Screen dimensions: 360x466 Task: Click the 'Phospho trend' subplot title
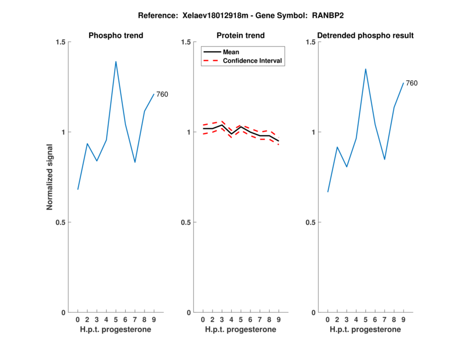pyautogui.click(x=116, y=36)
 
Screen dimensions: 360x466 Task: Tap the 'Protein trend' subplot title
pyautogui.click(x=241, y=36)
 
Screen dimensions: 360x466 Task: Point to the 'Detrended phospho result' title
pyautogui.click(x=366, y=36)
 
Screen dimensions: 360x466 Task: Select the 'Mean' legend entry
pyautogui.click(x=231, y=52)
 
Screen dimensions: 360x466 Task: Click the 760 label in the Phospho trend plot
pyautogui.click(x=162, y=94)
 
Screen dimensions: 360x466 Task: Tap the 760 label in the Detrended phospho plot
pyautogui.click(x=411, y=83)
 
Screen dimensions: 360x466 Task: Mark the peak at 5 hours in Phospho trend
pyautogui.click(x=116, y=61)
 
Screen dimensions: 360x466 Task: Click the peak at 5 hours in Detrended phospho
pyautogui.click(x=365, y=69)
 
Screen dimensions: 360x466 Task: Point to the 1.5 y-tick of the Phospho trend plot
pyautogui.click(x=59, y=42)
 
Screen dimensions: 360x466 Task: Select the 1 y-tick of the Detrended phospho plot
pyautogui.click(x=313, y=132)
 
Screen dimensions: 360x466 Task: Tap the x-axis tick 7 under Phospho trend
pyautogui.click(x=135, y=320)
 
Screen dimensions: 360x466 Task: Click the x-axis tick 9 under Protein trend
pyautogui.click(x=278, y=320)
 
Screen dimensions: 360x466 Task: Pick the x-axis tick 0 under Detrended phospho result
pyautogui.click(x=327, y=320)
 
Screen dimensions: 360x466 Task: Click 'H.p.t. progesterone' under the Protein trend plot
pyautogui.click(x=241, y=330)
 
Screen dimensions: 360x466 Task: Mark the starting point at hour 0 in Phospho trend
pyautogui.click(x=78, y=189)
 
